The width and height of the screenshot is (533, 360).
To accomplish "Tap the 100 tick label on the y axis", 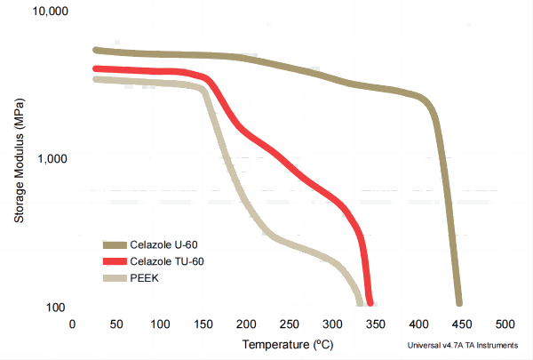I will [x=56, y=308].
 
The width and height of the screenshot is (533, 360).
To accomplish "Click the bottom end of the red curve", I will [x=369, y=300].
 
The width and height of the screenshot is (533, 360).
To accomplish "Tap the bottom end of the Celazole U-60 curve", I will [x=458, y=301].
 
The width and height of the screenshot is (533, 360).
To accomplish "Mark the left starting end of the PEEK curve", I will [x=96, y=79].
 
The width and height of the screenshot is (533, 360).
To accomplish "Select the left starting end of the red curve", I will [x=96, y=68].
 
